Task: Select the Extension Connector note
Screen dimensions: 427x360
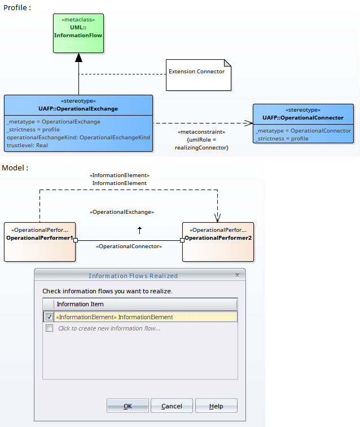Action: (x=199, y=74)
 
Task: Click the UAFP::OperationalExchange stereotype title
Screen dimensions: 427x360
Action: (x=78, y=108)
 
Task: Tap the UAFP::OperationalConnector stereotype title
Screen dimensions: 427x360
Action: (x=302, y=118)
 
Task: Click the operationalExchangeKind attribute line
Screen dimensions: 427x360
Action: (x=78, y=137)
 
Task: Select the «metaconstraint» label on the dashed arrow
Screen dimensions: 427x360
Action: (x=202, y=131)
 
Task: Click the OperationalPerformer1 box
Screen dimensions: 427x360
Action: (x=39, y=241)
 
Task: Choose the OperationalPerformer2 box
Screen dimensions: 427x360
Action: (x=218, y=241)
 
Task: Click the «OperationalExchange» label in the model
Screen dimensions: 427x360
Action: (x=122, y=212)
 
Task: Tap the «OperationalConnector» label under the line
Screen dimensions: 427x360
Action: (x=129, y=246)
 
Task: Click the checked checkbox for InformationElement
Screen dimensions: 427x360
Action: (x=50, y=317)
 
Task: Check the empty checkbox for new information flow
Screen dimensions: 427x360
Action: (x=50, y=328)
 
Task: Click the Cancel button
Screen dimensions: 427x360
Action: (x=172, y=406)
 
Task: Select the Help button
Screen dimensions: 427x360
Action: (x=216, y=406)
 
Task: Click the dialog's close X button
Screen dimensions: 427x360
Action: (x=237, y=275)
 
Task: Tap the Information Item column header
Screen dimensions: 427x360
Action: (x=80, y=304)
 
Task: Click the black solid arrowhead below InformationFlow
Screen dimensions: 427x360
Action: (x=78, y=58)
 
